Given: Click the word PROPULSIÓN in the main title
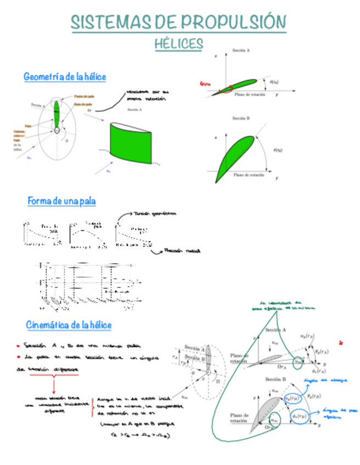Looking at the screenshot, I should tap(234, 23).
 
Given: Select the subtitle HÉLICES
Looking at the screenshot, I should tap(179, 43).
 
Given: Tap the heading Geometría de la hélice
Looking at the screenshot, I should tap(65, 77).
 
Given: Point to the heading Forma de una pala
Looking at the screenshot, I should tap(61, 201).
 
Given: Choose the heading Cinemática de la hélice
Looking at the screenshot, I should tap(69, 325).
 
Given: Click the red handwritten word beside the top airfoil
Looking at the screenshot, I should tap(205, 84).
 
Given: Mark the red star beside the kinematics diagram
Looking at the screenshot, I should tap(341, 343).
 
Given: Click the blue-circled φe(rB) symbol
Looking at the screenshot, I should tap(300, 417).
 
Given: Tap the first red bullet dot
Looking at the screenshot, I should tap(18, 346).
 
